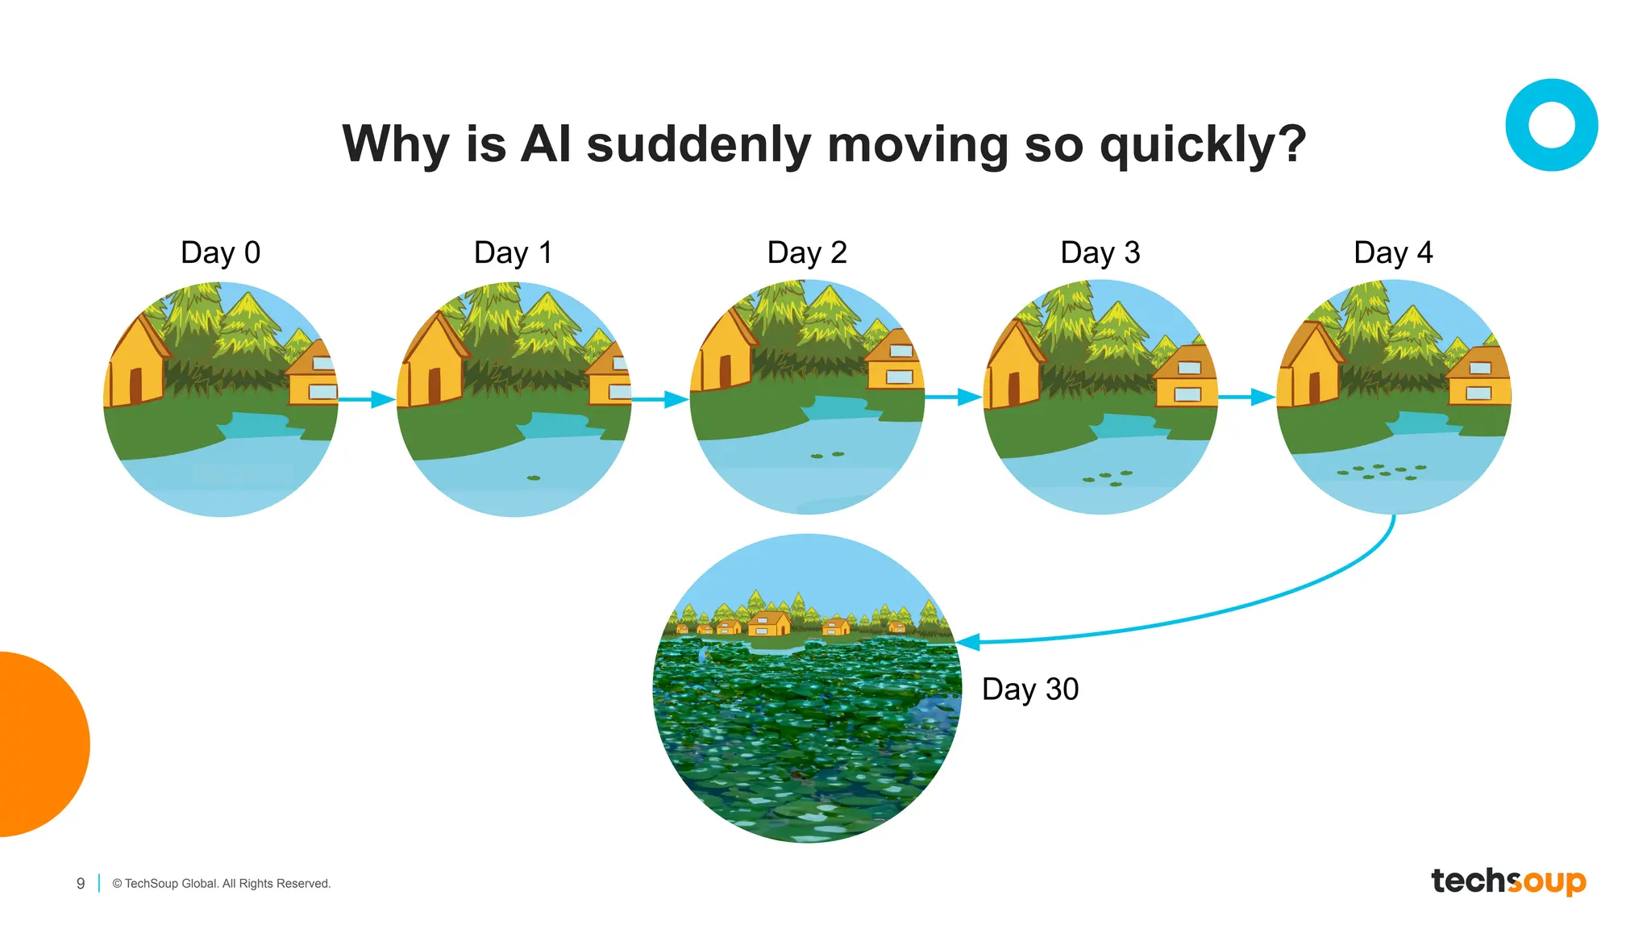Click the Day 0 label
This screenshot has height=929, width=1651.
(x=220, y=252)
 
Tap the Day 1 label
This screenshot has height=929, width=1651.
(x=514, y=252)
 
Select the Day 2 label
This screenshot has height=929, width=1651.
(x=807, y=252)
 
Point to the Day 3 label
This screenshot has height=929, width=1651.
(x=1100, y=252)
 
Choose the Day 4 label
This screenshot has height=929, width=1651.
(x=1393, y=252)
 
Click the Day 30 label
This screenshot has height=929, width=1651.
(x=1030, y=689)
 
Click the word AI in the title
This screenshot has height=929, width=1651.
(x=546, y=144)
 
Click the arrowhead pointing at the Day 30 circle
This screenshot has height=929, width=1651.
(x=967, y=643)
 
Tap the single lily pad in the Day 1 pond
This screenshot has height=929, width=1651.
(x=534, y=478)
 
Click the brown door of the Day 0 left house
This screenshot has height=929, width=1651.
(x=136, y=385)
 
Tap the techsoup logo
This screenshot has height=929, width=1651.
(x=1508, y=881)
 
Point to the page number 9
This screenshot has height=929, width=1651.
(x=81, y=884)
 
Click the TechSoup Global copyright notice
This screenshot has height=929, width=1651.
(x=222, y=884)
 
